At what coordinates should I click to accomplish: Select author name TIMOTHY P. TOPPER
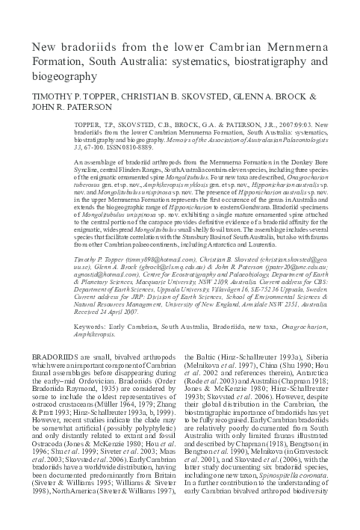[x=68, y=97]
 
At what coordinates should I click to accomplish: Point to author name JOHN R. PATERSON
[x=66, y=108]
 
